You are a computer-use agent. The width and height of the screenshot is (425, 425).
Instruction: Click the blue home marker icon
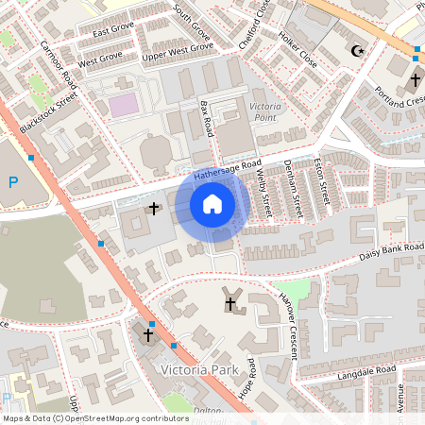coord(212,204)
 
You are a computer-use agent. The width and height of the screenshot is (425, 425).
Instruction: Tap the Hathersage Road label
coord(226,170)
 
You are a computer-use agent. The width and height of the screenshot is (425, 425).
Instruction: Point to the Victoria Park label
coord(200,368)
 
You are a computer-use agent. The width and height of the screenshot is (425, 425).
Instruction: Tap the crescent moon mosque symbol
coord(357,51)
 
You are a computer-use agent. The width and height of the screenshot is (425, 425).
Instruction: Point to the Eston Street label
coord(326,180)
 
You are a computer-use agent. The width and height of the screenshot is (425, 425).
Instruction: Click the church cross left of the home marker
coord(153,207)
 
